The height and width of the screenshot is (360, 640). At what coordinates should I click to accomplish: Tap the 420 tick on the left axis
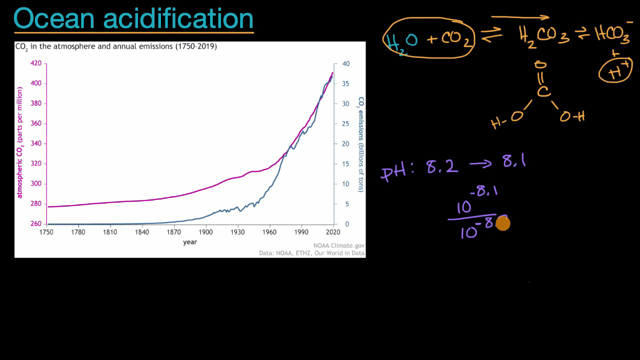(36, 63)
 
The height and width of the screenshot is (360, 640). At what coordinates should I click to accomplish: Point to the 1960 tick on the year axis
(269, 232)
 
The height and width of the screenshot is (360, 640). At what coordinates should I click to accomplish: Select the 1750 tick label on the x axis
(46, 232)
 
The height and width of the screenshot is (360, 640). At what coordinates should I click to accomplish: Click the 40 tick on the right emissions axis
(345, 64)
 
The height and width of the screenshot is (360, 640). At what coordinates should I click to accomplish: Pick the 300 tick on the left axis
(36, 184)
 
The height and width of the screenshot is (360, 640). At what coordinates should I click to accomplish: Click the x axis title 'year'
(190, 242)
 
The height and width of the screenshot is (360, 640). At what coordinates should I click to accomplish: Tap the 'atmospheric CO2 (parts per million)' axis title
(20, 142)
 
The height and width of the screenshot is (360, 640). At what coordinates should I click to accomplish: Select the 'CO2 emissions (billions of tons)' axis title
(360, 144)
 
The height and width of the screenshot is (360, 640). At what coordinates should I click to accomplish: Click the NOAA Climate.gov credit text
(339, 245)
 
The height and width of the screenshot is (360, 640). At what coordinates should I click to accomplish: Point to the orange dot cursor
(502, 223)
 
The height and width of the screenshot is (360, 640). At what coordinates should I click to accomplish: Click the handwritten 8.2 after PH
(442, 166)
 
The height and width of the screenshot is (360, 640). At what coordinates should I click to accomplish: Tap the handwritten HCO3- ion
(613, 33)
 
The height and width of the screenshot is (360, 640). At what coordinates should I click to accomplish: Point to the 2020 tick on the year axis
(333, 232)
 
